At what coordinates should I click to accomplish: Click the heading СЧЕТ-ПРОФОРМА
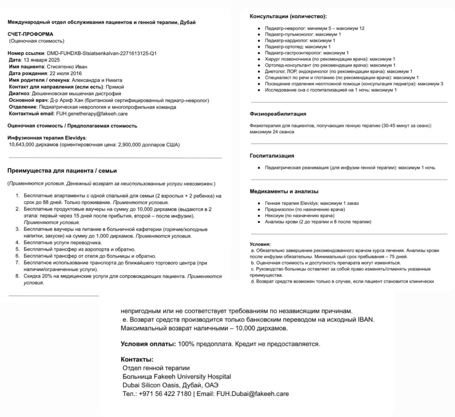[30, 34]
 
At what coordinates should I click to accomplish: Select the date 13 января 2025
[42, 60]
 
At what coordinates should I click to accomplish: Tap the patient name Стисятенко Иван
[67, 66]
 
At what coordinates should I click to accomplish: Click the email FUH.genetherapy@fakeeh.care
[92, 114]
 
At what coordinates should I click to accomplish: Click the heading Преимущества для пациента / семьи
[62, 171]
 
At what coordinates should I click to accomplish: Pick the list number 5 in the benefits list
[17, 250]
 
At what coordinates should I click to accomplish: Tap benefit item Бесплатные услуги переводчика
[63, 243]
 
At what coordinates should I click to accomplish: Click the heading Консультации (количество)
[288, 16]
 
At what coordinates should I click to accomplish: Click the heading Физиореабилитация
[278, 114]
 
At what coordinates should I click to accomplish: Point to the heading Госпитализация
[272, 156]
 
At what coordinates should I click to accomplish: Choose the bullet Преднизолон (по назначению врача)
[305, 209]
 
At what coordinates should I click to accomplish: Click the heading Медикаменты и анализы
[284, 191]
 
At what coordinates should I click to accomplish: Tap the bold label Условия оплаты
[148, 344]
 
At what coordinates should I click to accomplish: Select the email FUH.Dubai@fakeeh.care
[252, 394]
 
